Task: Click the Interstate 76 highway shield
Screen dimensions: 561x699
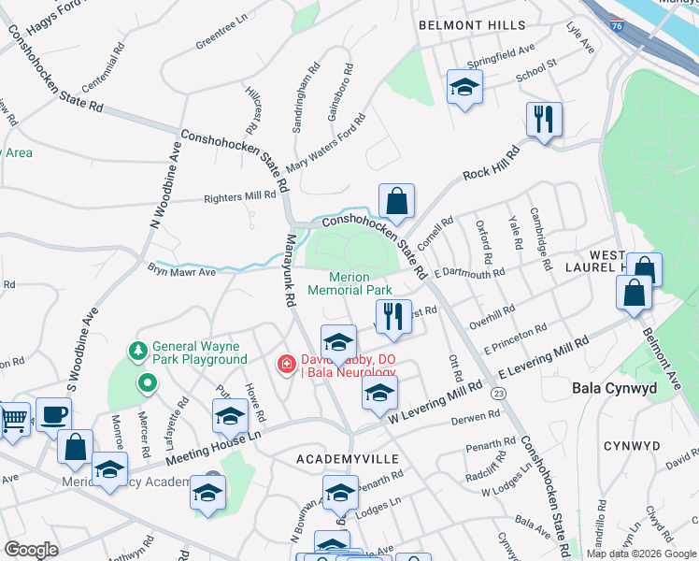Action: (616, 29)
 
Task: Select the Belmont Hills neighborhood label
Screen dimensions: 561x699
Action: (472, 25)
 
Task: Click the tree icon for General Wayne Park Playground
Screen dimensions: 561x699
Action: (137, 350)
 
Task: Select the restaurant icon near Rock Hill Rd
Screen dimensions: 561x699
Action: (543, 118)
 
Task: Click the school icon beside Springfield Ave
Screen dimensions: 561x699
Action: (464, 87)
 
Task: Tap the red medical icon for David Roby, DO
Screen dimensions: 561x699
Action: (286, 363)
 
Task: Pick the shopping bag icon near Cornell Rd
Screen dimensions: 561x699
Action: (396, 199)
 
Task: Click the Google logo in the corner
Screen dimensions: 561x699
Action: (32, 550)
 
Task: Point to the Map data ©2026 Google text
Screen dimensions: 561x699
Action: (640, 554)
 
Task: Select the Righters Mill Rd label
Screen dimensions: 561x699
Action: (240, 197)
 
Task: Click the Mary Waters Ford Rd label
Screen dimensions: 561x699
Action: (326, 145)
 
